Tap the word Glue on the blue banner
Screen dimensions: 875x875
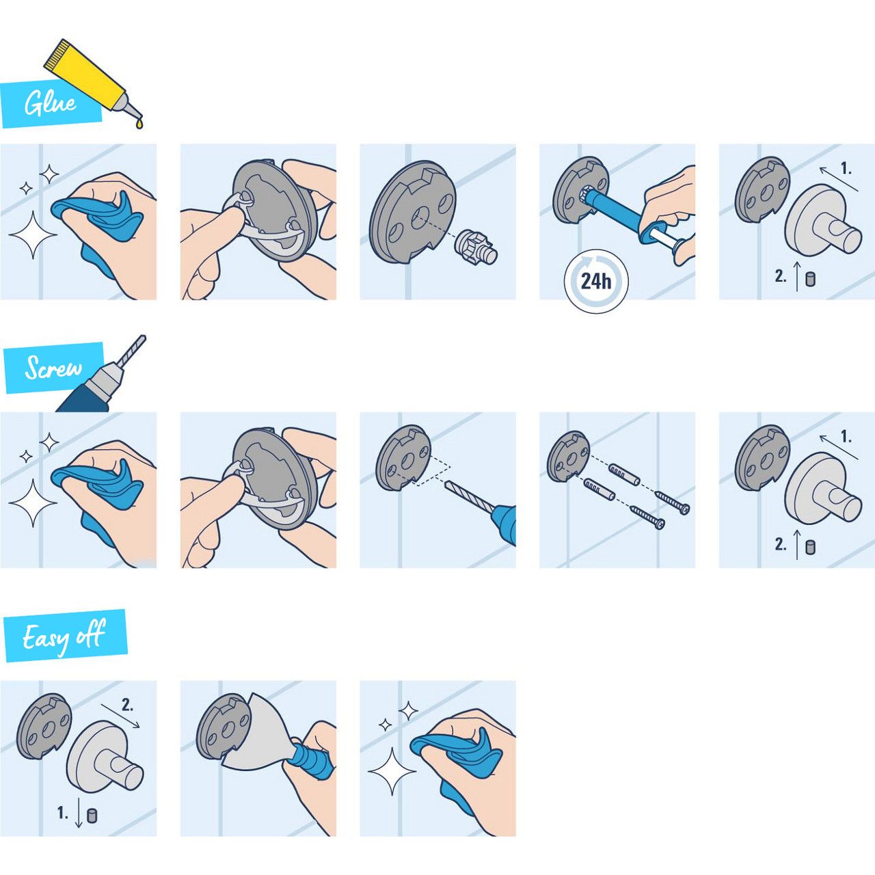click(x=50, y=104)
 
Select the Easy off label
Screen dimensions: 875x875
click(x=64, y=635)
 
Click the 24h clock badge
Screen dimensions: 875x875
click(x=596, y=282)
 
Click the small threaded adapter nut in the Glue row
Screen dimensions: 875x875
click(x=476, y=245)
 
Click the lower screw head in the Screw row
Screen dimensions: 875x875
click(x=660, y=524)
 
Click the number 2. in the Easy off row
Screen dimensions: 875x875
click(x=128, y=705)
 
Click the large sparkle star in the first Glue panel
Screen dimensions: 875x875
click(x=33, y=234)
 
